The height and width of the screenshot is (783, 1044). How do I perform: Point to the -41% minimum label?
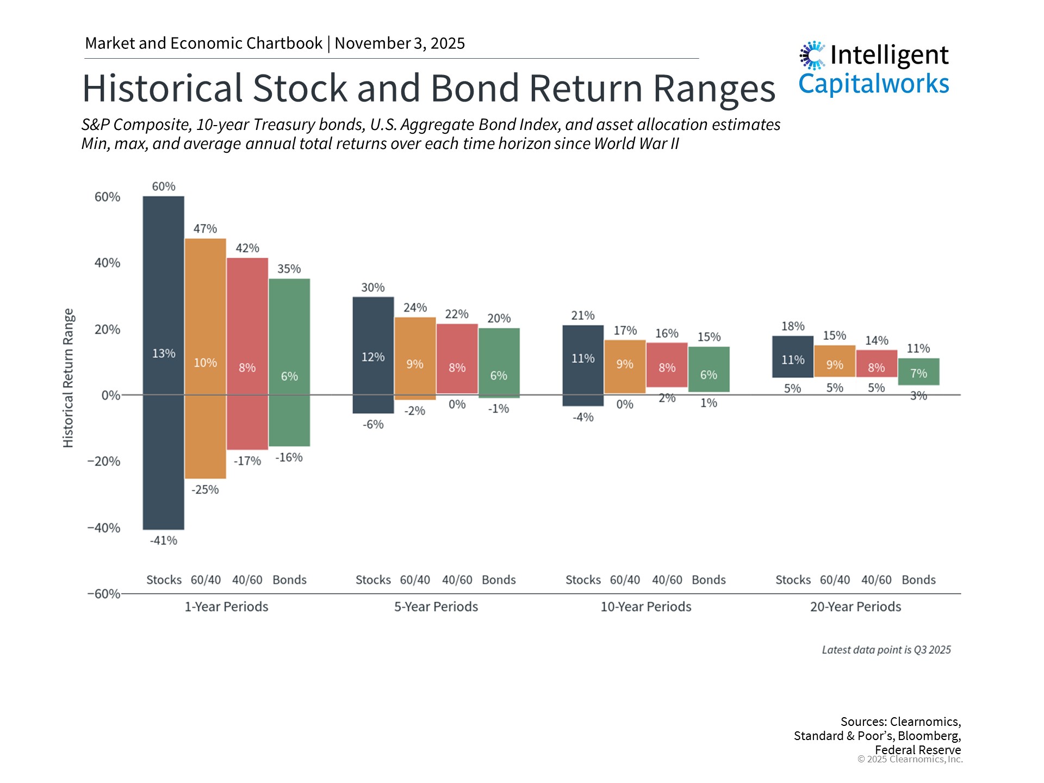[x=164, y=540]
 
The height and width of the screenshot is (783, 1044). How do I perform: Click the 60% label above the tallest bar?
[x=164, y=187]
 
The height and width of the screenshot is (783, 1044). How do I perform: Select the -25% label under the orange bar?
[x=205, y=489]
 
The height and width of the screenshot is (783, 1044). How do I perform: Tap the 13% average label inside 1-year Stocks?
[x=164, y=353]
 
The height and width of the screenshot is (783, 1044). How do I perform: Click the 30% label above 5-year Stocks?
[x=373, y=287]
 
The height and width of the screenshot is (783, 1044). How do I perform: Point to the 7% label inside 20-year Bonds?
[x=918, y=374]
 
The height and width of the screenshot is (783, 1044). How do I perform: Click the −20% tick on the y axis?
[x=104, y=462]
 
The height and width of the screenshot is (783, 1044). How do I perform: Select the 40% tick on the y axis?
[x=107, y=263]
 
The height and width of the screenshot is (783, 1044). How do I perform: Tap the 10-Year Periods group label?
[x=645, y=607]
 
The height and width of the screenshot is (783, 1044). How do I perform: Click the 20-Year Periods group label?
[x=855, y=607]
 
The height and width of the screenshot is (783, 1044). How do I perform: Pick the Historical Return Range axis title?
[x=68, y=378]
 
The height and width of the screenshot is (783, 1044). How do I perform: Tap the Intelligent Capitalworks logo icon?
[x=812, y=55]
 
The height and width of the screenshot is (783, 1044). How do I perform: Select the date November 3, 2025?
[x=400, y=43]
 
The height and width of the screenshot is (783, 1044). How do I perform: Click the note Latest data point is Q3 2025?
[x=886, y=650]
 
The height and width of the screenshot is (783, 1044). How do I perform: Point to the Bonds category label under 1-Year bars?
[x=289, y=580]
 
